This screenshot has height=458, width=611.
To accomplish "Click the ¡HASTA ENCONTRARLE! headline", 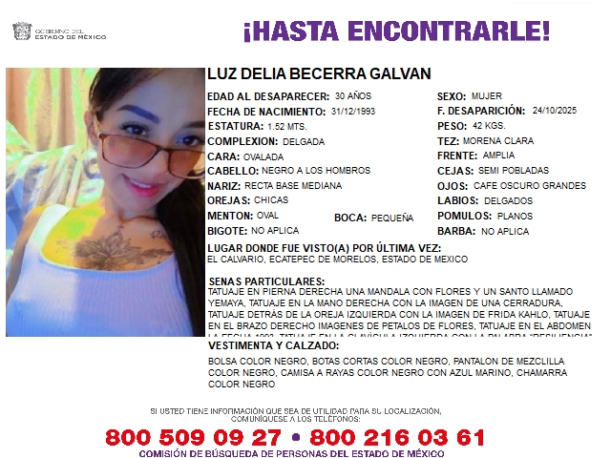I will click(x=396, y=31).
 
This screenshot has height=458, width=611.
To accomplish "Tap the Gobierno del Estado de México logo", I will click(x=58, y=31).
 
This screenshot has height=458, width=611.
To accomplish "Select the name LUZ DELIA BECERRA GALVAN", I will click(x=319, y=73).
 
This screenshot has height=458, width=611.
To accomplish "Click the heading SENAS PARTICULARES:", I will click(x=260, y=281).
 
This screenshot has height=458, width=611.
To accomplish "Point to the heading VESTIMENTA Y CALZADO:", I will click(x=273, y=344).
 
